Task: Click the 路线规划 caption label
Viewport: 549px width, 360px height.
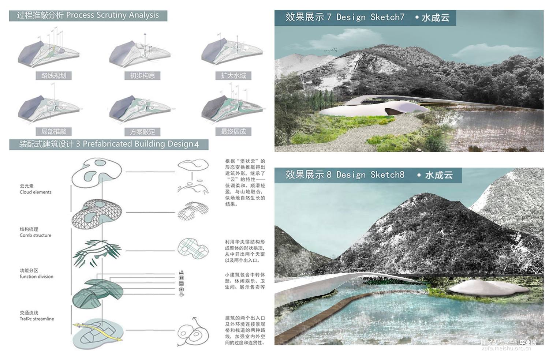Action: click(x=53, y=76)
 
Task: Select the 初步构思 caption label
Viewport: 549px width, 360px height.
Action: click(x=142, y=76)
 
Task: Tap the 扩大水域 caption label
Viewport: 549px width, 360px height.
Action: click(x=233, y=76)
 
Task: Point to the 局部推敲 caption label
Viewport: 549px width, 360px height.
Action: click(x=53, y=131)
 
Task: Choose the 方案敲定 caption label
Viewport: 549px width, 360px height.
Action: click(x=142, y=132)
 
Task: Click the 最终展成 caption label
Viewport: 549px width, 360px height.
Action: click(x=233, y=131)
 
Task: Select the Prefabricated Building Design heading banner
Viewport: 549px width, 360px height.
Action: click(x=109, y=144)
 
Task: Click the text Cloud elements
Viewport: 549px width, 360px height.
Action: click(x=36, y=192)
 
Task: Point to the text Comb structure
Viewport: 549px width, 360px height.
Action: click(x=36, y=235)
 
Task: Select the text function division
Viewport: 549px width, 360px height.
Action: click(x=36, y=277)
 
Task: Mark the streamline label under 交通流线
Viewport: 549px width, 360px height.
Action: click(x=37, y=319)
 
